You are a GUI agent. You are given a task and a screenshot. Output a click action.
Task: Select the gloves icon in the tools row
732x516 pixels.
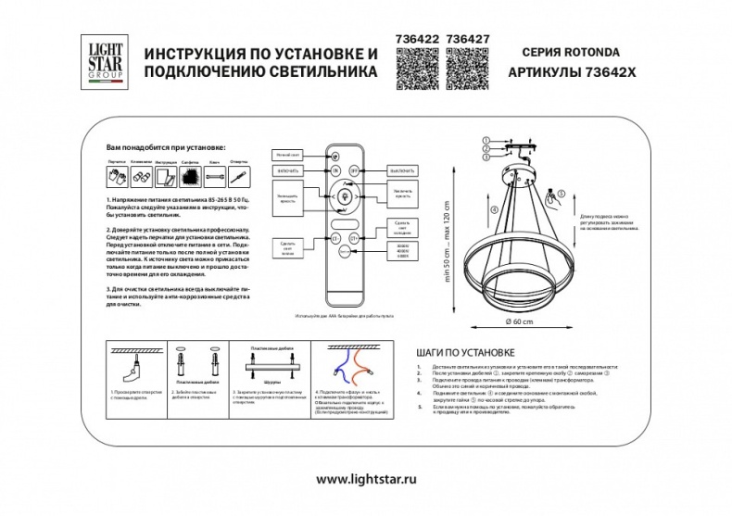pyautogui.click(x=116, y=173)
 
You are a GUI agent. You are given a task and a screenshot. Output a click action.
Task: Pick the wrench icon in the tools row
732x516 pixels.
pyautogui.click(x=239, y=174)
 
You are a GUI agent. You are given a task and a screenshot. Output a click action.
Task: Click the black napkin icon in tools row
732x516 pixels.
pyautogui.click(x=191, y=174)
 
